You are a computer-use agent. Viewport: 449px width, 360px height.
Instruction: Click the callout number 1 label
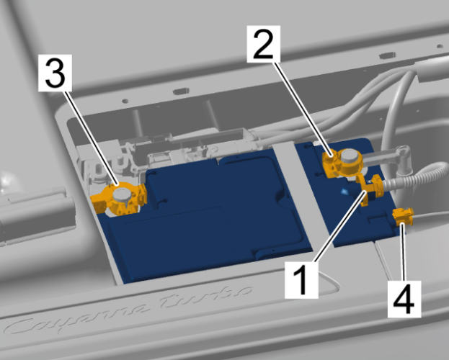[301, 280]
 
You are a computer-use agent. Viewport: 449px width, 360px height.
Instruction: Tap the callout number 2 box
[264, 44]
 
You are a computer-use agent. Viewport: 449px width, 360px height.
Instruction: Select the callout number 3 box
[55, 73]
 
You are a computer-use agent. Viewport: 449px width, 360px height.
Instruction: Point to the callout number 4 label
[404, 299]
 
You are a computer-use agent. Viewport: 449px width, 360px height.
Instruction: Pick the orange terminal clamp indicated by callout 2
[343, 163]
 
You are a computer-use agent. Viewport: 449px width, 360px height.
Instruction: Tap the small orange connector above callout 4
[403, 216]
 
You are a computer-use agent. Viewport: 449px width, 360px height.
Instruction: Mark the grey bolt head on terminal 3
[123, 195]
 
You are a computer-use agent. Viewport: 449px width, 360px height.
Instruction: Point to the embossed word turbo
[206, 297]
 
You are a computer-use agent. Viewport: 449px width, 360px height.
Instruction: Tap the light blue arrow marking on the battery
[344, 192]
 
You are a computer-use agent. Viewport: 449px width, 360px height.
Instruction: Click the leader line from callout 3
[91, 138]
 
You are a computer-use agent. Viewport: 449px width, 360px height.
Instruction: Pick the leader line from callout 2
[303, 109]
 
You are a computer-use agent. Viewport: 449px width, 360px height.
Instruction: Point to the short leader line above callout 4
[404, 252]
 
